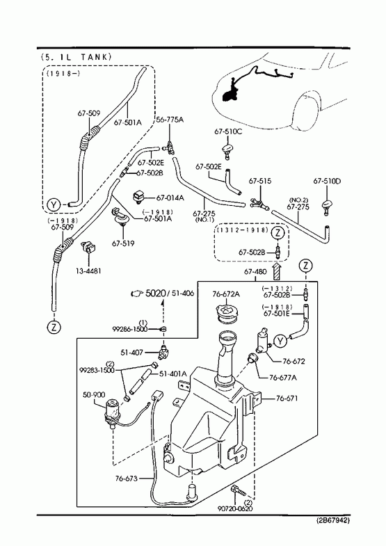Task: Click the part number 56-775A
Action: tap(170, 120)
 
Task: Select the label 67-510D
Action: tap(327, 181)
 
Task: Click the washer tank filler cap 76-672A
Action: tap(226, 312)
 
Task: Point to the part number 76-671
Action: tap(287, 398)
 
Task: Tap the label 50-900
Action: tap(94, 394)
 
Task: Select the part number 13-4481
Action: tap(88, 271)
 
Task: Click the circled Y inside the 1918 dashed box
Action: tap(54, 204)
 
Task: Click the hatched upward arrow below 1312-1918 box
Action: tap(276, 271)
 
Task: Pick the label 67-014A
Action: tap(170, 198)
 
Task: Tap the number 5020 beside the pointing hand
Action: tap(156, 294)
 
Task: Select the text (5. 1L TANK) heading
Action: tap(76, 57)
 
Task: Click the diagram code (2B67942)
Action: tap(333, 520)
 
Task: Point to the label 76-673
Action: tap(127, 479)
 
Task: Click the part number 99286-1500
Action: tap(130, 329)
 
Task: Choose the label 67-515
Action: tap(260, 181)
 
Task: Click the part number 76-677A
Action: tap(283, 377)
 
